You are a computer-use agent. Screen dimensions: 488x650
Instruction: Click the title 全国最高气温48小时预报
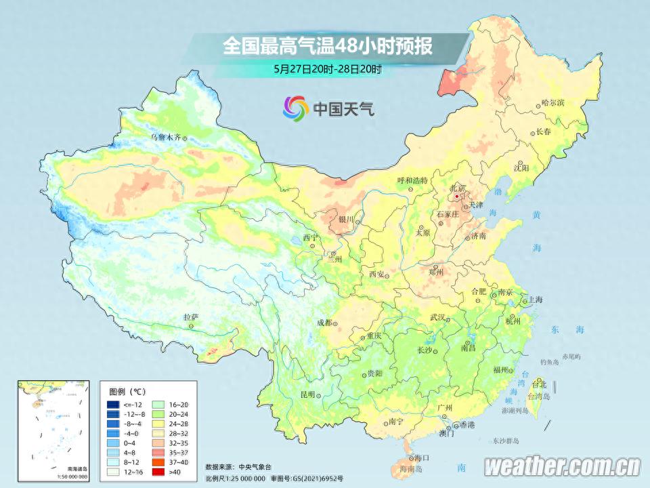pyautogui.click(x=328, y=47)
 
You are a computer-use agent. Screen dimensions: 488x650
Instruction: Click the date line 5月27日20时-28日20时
pyautogui.click(x=328, y=69)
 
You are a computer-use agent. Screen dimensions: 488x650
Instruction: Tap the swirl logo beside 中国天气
pyautogui.click(x=295, y=107)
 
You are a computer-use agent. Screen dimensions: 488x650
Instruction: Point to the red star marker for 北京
pyautogui.click(x=457, y=197)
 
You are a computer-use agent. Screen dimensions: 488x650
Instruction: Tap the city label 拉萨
pyautogui.click(x=191, y=317)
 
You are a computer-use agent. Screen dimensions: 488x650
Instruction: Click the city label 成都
pyautogui.click(x=324, y=323)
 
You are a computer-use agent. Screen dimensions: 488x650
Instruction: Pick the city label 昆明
pyautogui.click(x=308, y=394)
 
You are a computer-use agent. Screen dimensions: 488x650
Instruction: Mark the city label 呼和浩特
pyautogui.click(x=412, y=181)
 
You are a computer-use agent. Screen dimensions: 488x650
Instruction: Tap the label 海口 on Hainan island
pyautogui.click(x=421, y=459)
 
